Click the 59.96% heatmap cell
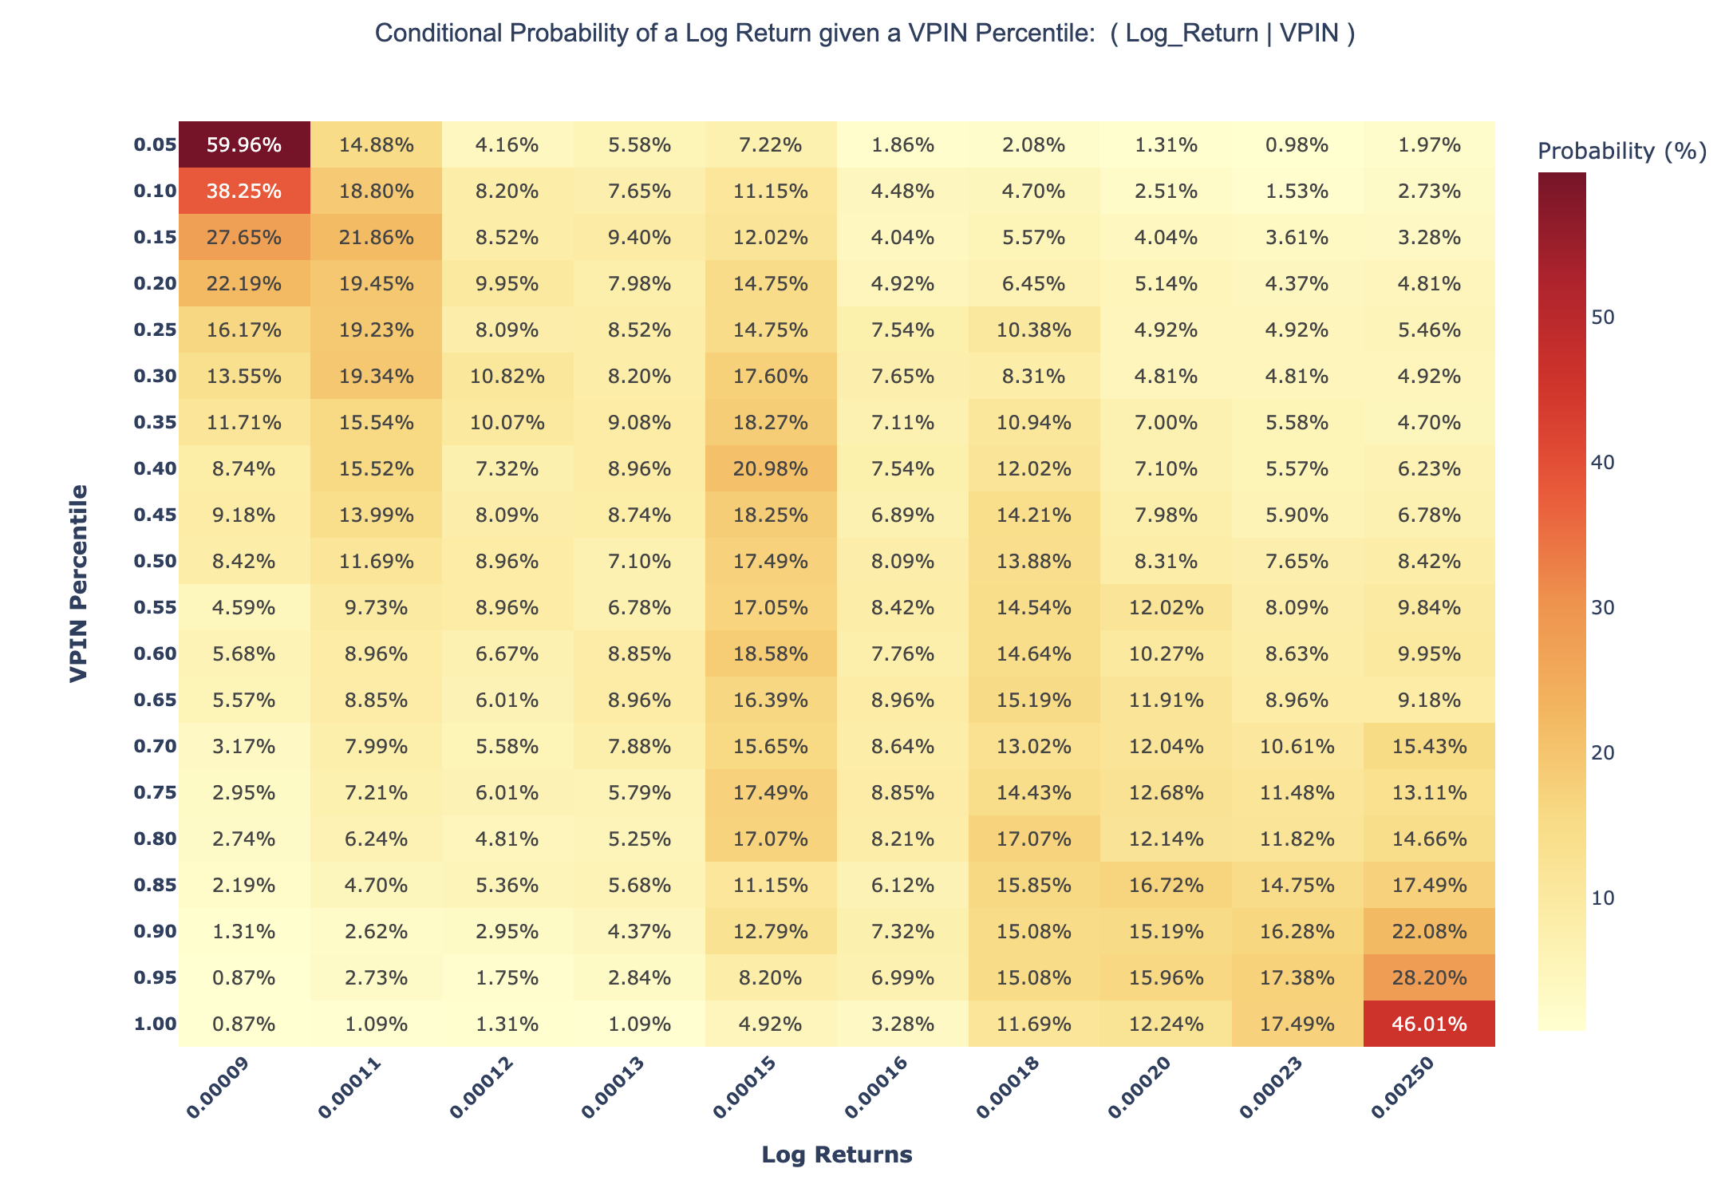tap(243, 145)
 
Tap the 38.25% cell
tap(243, 191)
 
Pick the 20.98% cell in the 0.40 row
tap(770, 468)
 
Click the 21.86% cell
tap(375, 238)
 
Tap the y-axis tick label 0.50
tap(154, 561)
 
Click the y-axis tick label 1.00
tap(154, 1024)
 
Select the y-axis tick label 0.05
tap(154, 145)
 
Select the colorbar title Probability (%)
tap(1621, 151)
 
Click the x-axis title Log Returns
tap(836, 1155)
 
